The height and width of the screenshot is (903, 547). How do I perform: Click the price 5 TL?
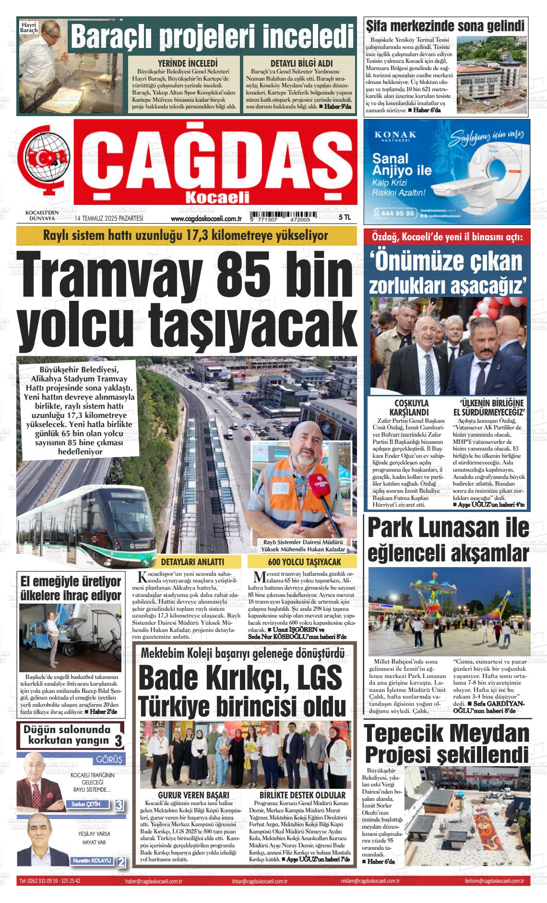coord(345,217)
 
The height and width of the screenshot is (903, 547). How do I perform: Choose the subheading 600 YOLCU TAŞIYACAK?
coord(302,562)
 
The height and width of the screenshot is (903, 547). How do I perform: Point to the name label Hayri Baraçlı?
coord(29,27)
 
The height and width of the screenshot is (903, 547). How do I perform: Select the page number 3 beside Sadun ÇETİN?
coord(119,805)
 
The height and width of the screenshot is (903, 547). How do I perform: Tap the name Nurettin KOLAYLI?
coord(92,861)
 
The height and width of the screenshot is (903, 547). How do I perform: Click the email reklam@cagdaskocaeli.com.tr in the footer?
coord(370,881)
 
